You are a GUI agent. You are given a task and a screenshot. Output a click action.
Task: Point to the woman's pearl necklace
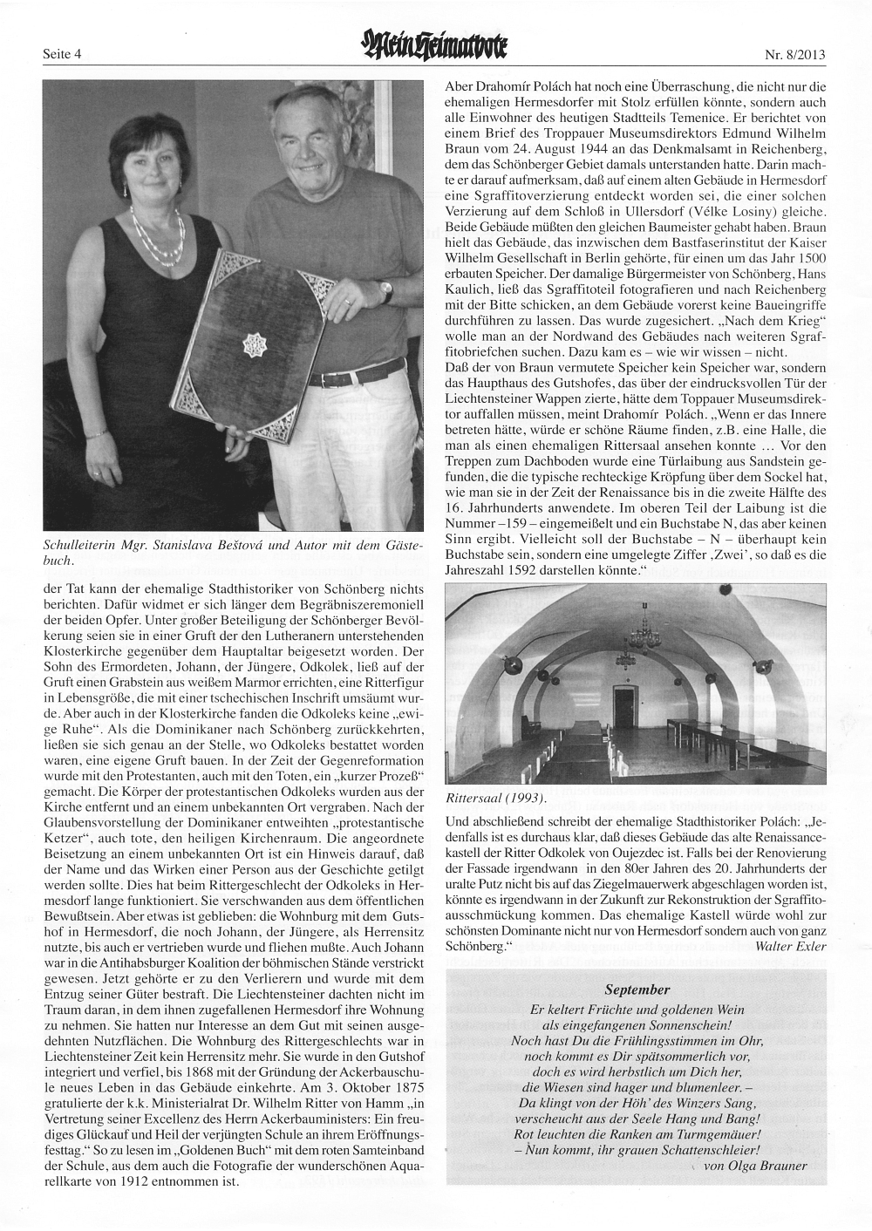158,231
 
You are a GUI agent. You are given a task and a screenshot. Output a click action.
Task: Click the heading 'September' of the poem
636,990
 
